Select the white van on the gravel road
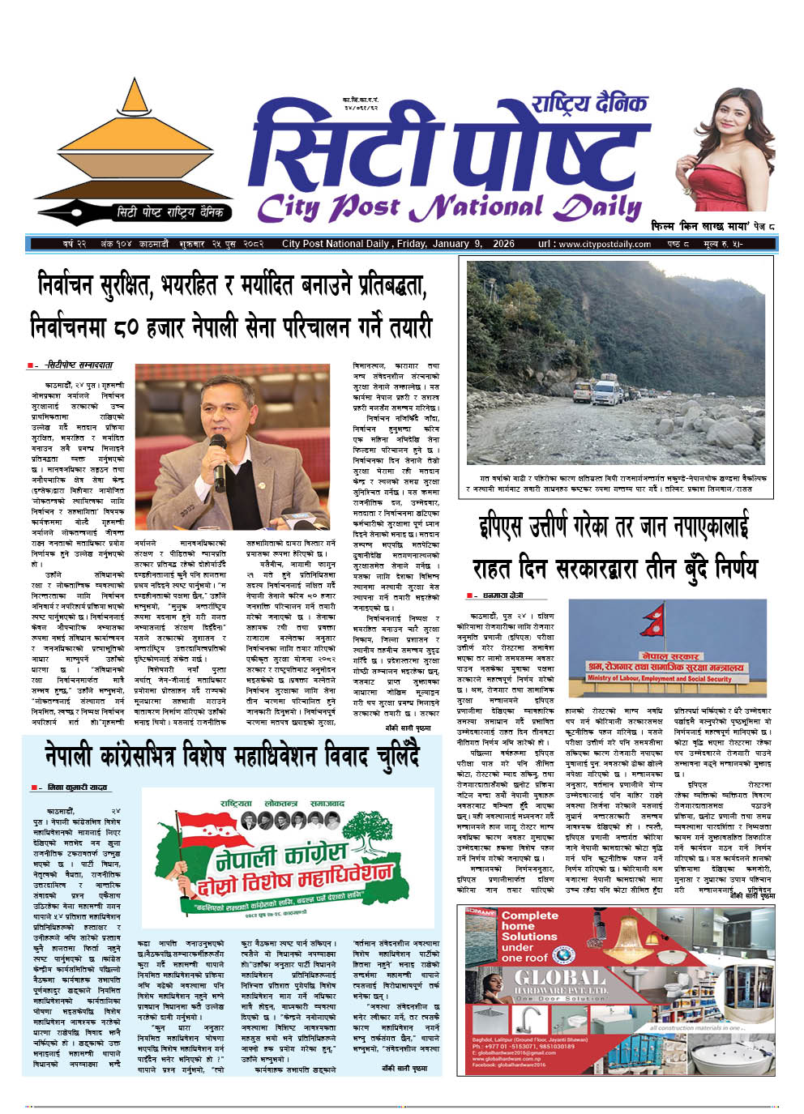607,392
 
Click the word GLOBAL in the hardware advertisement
560,980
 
